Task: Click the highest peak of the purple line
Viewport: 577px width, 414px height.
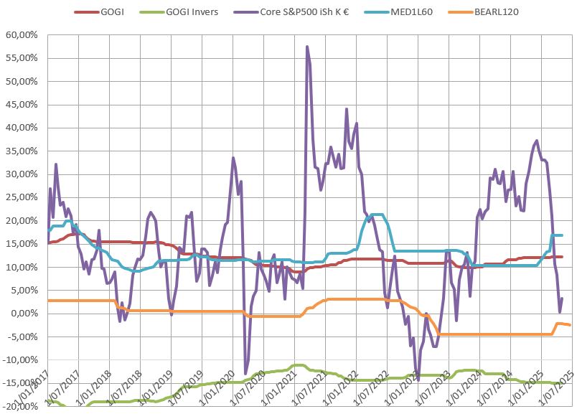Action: click(307, 47)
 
